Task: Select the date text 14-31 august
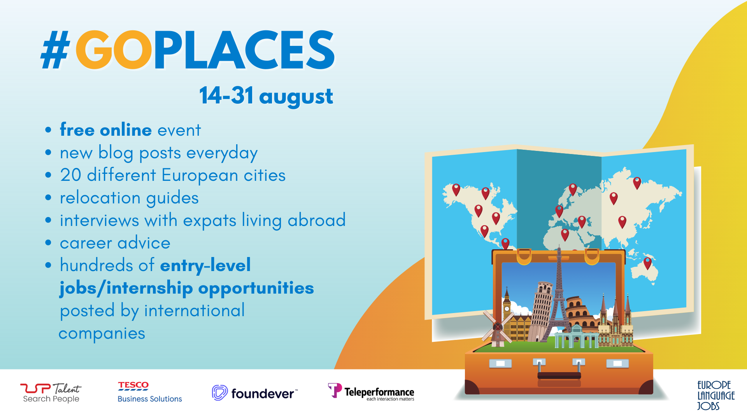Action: (x=266, y=96)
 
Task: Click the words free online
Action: (x=105, y=130)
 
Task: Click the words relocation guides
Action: (x=129, y=198)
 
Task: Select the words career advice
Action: (x=115, y=243)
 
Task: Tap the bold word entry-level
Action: (x=205, y=266)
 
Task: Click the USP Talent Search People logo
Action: (x=51, y=393)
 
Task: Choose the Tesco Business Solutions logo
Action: (x=149, y=392)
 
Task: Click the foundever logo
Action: (x=255, y=393)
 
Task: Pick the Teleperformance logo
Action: (x=371, y=392)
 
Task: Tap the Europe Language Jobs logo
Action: (x=715, y=395)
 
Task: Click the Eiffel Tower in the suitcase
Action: (x=559, y=296)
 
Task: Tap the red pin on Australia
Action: (x=647, y=262)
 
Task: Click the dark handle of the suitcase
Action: (x=559, y=375)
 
